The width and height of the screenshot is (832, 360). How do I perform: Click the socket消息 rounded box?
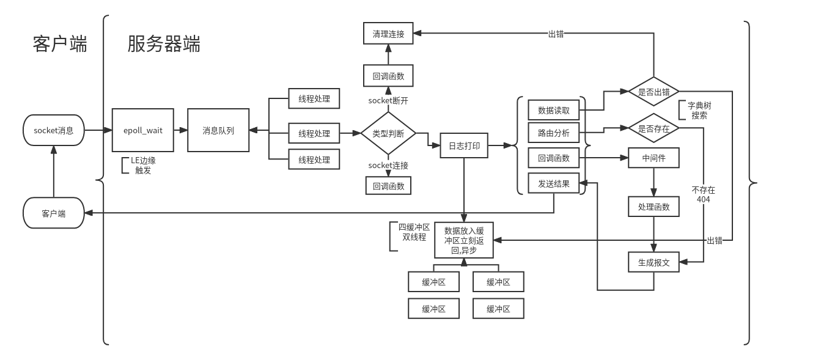coord(53,130)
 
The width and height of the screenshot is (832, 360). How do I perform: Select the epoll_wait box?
coord(142,130)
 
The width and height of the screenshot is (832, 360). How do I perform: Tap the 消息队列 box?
coord(218,130)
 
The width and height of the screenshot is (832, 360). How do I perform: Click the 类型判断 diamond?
coord(388,133)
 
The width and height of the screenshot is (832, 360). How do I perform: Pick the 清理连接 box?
coord(388,34)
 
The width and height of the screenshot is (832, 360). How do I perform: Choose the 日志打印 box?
coord(464,146)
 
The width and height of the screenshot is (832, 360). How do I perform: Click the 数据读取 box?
coord(553,111)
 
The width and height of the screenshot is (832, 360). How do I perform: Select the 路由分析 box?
coord(553,133)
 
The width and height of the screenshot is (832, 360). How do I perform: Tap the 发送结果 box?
coord(553,183)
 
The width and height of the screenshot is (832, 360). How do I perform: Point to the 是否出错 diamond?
coord(653,92)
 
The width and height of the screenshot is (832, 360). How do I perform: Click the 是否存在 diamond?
coord(653,129)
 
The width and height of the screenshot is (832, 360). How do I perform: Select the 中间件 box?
coord(653,158)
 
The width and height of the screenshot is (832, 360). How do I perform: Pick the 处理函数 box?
coord(653,207)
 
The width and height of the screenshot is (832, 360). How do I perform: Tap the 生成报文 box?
coord(653,263)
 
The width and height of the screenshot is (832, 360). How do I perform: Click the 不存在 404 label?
coord(703,194)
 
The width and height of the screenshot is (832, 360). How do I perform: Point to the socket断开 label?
coord(388,100)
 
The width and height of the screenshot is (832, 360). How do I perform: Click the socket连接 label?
coord(388,166)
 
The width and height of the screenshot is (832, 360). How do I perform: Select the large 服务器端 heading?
coord(164,45)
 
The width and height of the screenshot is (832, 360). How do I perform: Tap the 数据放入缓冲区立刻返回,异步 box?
coord(463,240)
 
